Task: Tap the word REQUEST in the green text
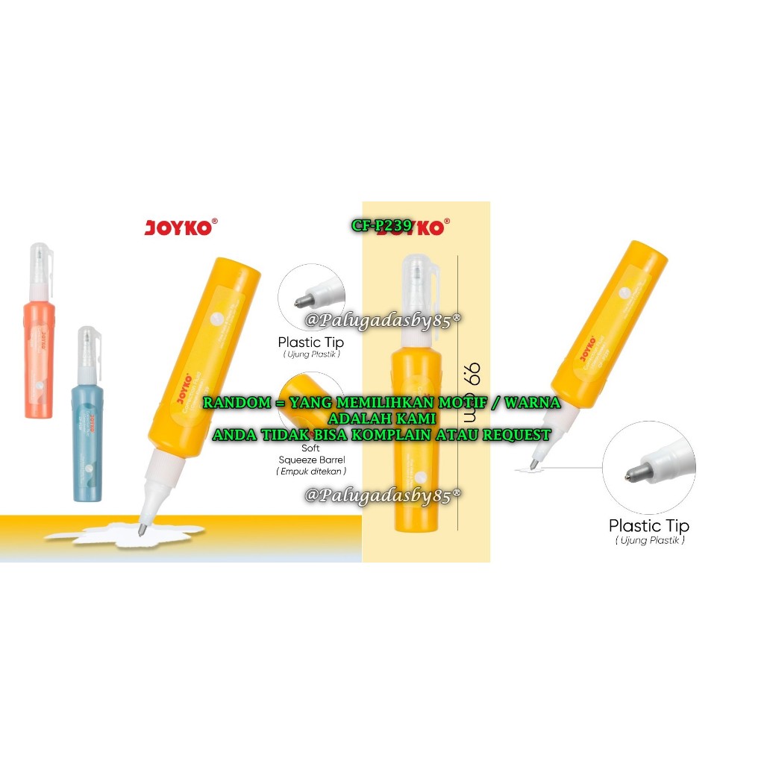(516, 434)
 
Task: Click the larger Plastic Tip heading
(648, 525)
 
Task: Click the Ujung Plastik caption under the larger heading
(649, 540)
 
